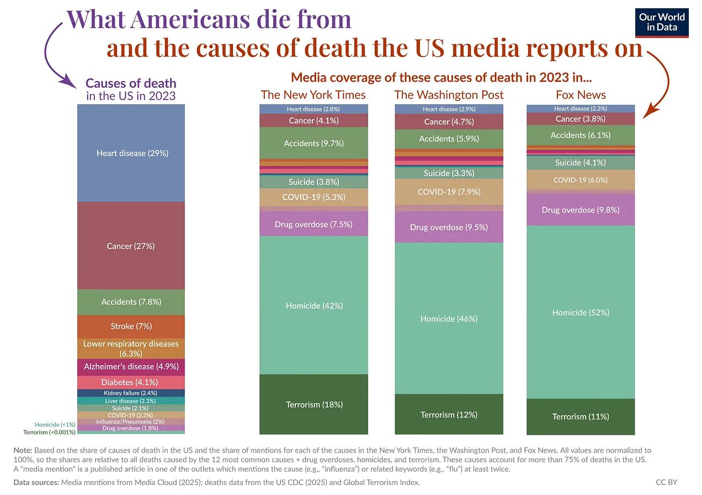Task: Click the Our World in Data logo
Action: coord(661,22)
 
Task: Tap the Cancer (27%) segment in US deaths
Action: coord(131,246)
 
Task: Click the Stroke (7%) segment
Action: coord(131,326)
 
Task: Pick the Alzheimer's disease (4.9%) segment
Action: coord(131,366)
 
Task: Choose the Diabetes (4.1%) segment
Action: coord(131,382)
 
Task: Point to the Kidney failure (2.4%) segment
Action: coord(131,393)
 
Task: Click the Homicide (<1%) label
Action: coord(55,424)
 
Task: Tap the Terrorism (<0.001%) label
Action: coord(49,432)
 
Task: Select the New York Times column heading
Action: coord(313,95)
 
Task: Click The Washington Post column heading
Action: coord(449,95)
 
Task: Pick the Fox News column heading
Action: coord(581,95)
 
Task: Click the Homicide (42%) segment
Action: coord(313,305)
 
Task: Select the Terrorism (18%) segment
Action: coord(313,404)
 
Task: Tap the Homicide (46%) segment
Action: coord(449,319)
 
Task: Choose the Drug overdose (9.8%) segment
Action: coord(581,210)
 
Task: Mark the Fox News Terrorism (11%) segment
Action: coord(581,416)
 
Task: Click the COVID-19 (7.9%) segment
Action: coord(449,192)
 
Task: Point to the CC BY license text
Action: coord(666,482)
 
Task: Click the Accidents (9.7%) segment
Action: coord(313,143)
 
